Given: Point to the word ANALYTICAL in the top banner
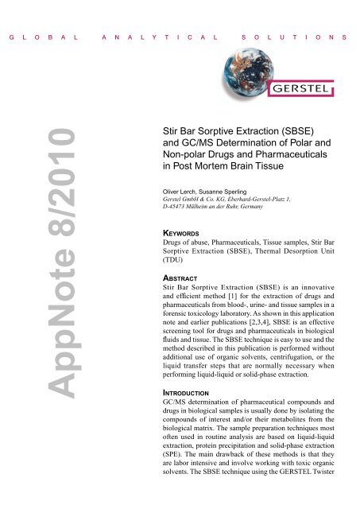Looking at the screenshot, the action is coord(142,37).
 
